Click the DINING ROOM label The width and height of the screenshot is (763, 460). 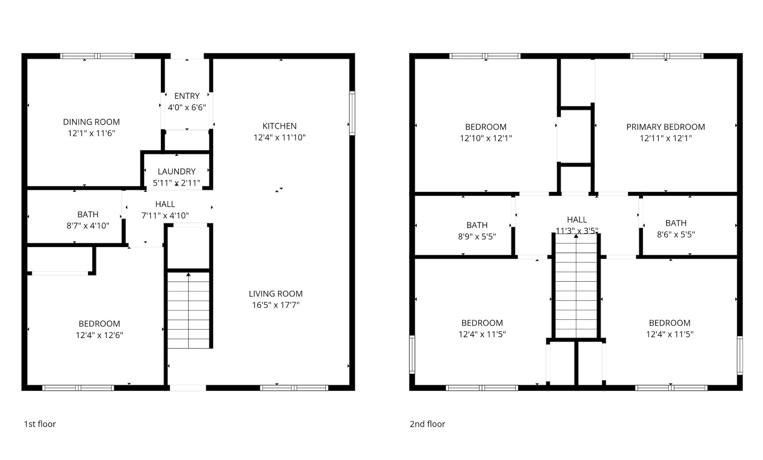pos(91,122)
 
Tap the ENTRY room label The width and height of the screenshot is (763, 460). pos(187,96)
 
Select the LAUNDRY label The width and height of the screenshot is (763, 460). pos(176,171)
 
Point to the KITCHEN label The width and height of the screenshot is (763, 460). pos(280,126)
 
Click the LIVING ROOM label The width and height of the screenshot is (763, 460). pos(276,294)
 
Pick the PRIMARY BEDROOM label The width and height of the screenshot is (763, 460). pos(666,127)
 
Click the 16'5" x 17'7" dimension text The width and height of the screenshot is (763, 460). pos(276,305)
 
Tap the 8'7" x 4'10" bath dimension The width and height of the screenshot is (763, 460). pos(88,226)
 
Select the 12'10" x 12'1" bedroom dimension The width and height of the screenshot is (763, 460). pos(486,138)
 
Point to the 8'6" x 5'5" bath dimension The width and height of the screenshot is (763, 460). pos(676,235)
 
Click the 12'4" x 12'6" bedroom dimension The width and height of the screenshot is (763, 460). pos(99,335)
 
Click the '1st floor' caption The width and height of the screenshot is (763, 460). pos(40,424)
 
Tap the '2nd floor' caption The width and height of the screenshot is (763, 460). pos(427,424)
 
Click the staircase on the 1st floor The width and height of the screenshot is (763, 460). pos(189,310)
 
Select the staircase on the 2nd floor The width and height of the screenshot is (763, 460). pos(576,286)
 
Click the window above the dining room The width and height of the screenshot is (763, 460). pos(97,56)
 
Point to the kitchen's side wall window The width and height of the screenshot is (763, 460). pos(352,113)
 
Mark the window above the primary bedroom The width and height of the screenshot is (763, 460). pos(667,56)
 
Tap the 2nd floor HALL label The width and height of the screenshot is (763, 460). pos(577,220)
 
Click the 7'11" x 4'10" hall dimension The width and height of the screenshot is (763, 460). pos(165,216)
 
